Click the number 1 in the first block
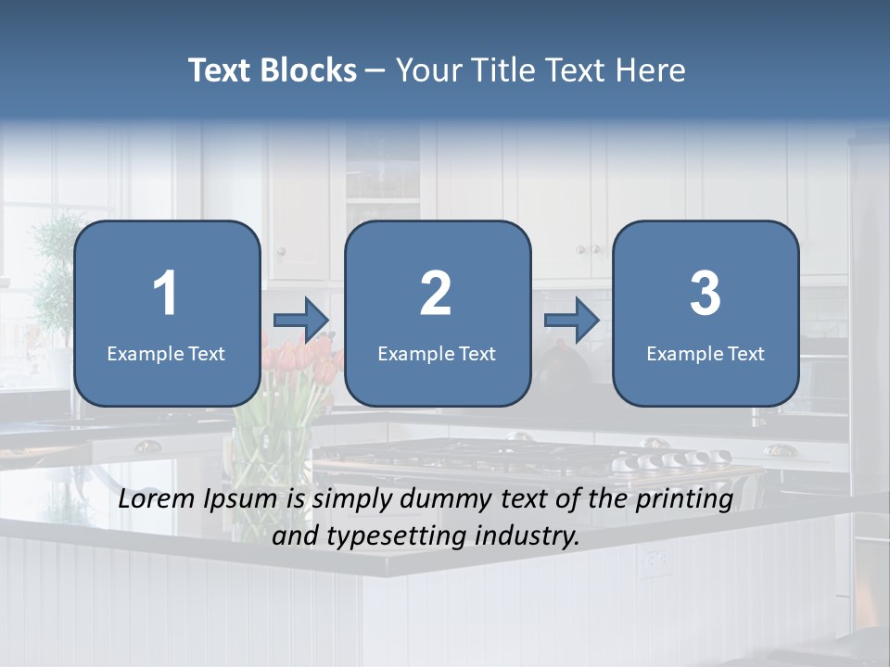coord(166,294)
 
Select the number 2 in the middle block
coord(436,294)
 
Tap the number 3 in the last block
coord(706,294)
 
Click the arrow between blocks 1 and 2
coord(301,321)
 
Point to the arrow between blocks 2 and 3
coord(572,321)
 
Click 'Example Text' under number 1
coord(166,354)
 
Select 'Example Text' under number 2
coord(437,354)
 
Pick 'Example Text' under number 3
coord(706,354)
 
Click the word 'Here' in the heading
coord(653,70)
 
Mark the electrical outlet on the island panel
coord(655,559)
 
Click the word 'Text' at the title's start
coord(221,70)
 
